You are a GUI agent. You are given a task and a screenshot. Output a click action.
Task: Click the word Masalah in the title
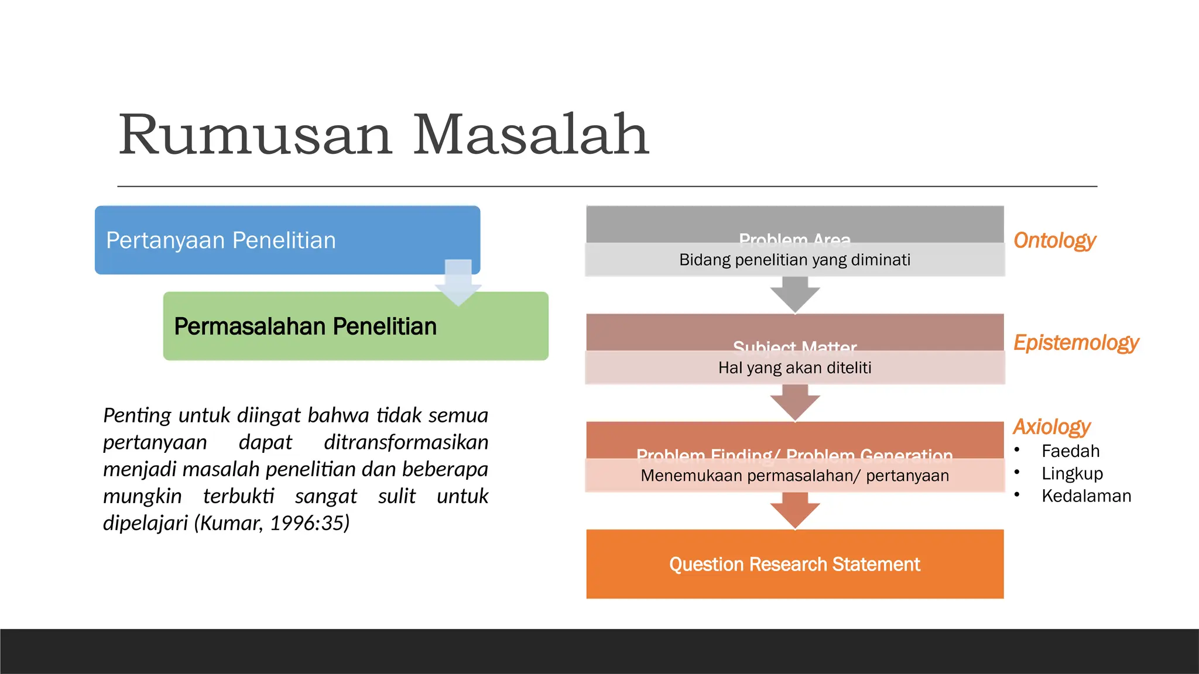pyautogui.click(x=531, y=136)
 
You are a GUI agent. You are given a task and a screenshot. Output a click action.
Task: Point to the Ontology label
pyautogui.click(x=1054, y=240)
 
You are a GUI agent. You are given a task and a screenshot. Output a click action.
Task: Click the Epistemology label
pyautogui.click(x=1076, y=342)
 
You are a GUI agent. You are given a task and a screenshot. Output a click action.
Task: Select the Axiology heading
pyautogui.click(x=1051, y=427)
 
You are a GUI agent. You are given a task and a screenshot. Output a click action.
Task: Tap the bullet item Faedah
pyautogui.click(x=1070, y=451)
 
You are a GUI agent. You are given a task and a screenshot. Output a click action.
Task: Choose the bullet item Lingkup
pyautogui.click(x=1072, y=473)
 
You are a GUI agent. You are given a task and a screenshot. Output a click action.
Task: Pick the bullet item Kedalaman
pyautogui.click(x=1086, y=496)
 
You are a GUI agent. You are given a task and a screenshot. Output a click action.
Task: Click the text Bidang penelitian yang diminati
pyautogui.click(x=794, y=260)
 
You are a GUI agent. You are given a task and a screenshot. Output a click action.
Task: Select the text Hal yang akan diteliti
pyautogui.click(x=794, y=368)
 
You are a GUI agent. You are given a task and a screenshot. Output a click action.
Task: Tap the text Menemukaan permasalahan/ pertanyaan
pyautogui.click(x=794, y=476)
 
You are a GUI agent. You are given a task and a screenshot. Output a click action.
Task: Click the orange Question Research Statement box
pyautogui.click(x=794, y=564)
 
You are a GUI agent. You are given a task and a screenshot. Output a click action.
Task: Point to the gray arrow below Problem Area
pyautogui.click(x=794, y=294)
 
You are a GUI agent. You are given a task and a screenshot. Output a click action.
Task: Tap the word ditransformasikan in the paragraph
pyautogui.click(x=406, y=442)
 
